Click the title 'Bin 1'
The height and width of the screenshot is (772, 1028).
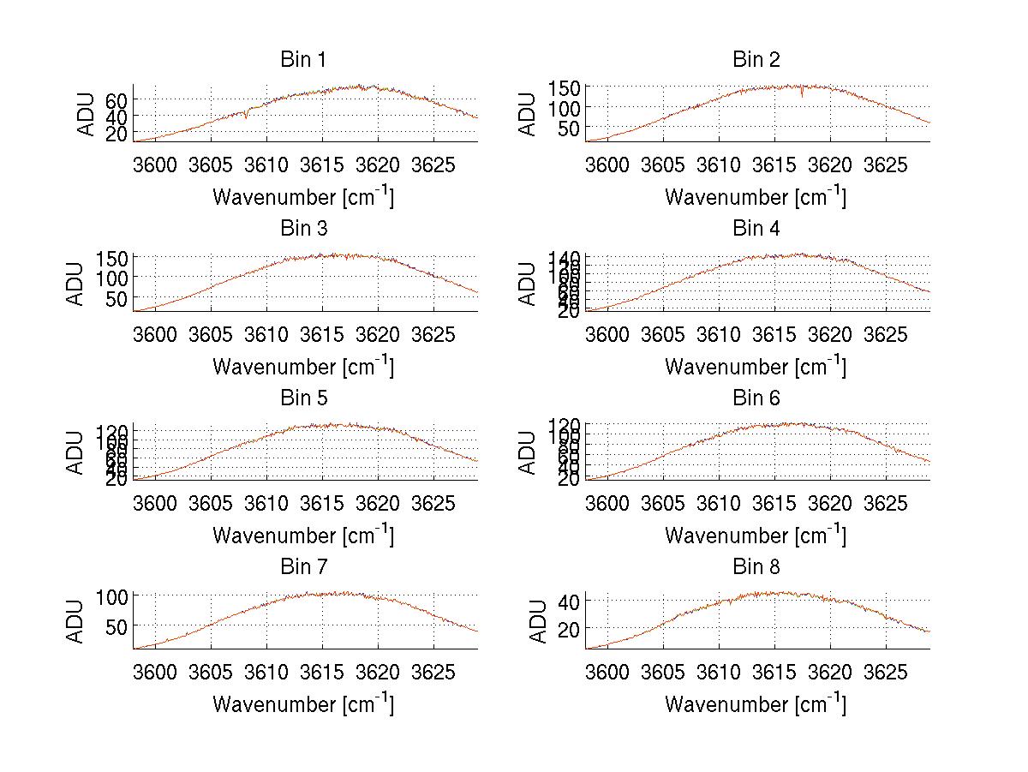[303, 60]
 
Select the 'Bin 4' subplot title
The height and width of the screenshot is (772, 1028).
[756, 229]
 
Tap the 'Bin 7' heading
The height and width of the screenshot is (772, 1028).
[303, 567]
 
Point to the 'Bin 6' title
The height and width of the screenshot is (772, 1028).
[756, 398]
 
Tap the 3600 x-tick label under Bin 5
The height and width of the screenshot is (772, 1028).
[154, 503]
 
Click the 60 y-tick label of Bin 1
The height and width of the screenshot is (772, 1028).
[117, 99]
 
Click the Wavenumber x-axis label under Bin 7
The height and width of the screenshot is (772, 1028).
[303, 703]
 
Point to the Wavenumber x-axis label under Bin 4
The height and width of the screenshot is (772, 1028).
[756, 366]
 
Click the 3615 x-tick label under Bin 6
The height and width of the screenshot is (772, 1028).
[773, 503]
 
